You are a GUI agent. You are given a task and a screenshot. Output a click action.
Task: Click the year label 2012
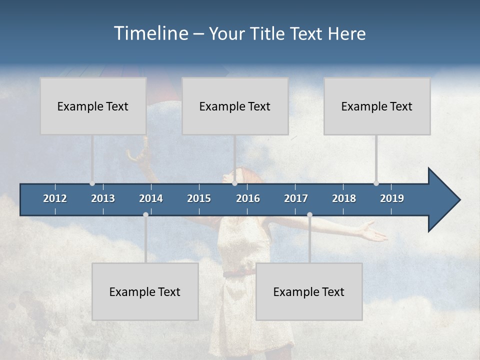[x=55, y=198]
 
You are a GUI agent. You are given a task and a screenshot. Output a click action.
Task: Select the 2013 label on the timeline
[x=103, y=198]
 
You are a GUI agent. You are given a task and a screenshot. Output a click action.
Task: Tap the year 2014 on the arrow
[x=151, y=198]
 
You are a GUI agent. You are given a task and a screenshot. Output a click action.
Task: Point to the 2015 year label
[x=199, y=198]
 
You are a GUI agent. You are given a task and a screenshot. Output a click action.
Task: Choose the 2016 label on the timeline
[x=248, y=198]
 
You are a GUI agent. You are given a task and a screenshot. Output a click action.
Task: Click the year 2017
[x=296, y=198]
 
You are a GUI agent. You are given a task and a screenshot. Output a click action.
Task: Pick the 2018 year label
[x=344, y=198]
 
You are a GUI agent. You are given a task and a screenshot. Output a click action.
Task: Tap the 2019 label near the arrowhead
[x=392, y=198]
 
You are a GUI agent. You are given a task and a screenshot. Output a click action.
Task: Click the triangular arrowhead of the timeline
[x=443, y=200]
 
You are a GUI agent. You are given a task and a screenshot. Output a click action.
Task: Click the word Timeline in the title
[x=150, y=33]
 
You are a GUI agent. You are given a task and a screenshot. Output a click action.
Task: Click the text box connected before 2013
[x=93, y=106]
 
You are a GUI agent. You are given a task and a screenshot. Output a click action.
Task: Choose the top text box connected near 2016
[x=235, y=106]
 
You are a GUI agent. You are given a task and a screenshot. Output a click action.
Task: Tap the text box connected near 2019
[x=377, y=106]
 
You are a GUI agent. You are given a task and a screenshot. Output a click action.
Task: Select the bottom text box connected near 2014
[x=145, y=291]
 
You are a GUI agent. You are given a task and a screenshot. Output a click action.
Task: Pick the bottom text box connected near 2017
[x=309, y=291]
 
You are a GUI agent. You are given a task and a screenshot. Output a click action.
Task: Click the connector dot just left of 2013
[x=92, y=183]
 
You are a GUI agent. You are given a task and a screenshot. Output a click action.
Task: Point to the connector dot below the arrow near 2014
[x=145, y=215]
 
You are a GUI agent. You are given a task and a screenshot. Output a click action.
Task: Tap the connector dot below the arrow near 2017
[x=309, y=215]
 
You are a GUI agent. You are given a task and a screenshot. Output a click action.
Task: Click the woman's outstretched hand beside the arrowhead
[x=372, y=231]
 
